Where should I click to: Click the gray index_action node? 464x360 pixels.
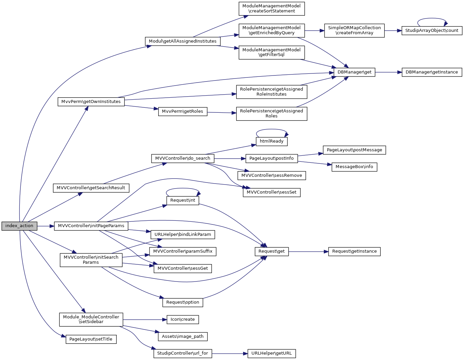click(x=19, y=226)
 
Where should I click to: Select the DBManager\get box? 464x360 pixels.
click(x=354, y=72)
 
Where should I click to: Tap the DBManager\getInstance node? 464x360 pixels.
click(x=431, y=72)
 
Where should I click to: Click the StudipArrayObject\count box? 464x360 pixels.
click(x=431, y=31)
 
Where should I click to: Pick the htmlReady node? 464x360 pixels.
click(x=272, y=141)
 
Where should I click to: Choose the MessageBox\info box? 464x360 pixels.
click(x=354, y=167)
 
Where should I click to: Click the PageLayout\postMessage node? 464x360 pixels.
click(x=354, y=150)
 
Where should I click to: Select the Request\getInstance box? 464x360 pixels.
click(x=354, y=251)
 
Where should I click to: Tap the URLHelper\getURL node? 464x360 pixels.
click(x=271, y=353)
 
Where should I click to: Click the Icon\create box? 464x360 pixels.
click(x=182, y=319)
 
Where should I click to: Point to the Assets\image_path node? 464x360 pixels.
click(x=182, y=337)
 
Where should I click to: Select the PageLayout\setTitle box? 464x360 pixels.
click(x=91, y=339)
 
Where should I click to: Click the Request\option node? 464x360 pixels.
click(x=182, y=302)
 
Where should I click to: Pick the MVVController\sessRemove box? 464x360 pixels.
click(x=272, y=175)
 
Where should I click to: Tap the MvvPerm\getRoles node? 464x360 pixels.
click(x=182, y=111)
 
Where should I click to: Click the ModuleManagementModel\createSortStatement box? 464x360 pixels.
click(x=272, y=8)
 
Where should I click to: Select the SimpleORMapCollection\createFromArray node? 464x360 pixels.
click(x=354, y=31)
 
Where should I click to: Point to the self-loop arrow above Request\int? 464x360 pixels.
click(x=183, y=189)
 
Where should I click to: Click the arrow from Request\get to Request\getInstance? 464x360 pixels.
click(x=308, y=251)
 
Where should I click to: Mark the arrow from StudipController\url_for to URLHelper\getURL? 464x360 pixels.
click(x=230, y=353)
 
